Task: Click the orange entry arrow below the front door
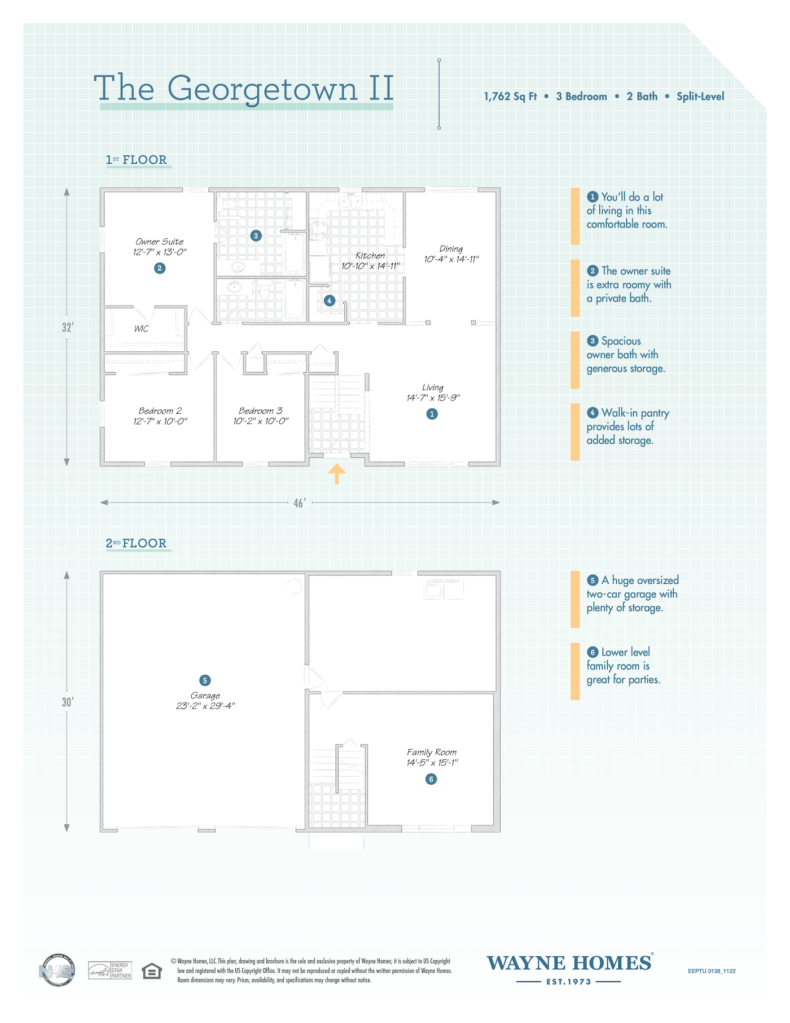click(337, 474)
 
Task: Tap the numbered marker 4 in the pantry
click(330, 300)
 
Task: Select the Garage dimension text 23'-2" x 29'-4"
click(205, 706)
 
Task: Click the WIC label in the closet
click(142, 329)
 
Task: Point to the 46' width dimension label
click(300, 502)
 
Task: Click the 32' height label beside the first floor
click(68, 327)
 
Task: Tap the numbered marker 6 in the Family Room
click(431, 779)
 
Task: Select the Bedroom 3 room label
click(261, 411)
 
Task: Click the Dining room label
click(451, 248)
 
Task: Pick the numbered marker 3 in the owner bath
click(256, 235)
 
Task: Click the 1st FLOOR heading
click(137, 160)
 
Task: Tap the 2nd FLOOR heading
click(137, 543)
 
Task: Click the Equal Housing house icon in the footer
click(152, 971)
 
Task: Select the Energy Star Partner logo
click(110, 970)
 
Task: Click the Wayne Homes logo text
click(569, 963)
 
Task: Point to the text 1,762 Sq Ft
click(510, 97)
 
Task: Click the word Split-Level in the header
click(700, 97)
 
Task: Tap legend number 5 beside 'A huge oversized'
click(592, 580)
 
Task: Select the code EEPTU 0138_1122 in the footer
click(712, 971)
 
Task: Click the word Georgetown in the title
click(262, 89)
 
